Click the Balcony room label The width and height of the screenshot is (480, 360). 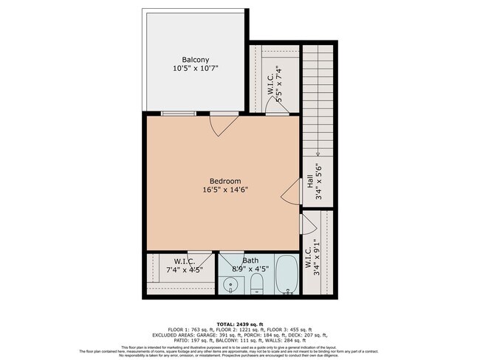click(x=196, y=59)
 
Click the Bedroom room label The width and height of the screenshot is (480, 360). click(x=225, y=181)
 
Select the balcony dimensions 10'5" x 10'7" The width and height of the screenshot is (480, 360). click(x=196, y=69)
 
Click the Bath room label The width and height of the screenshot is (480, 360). click(x=250, y=260)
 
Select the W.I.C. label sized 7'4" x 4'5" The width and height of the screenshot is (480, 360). click(x=184, y=261)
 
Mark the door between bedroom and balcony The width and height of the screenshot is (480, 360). click(x=222, y=122)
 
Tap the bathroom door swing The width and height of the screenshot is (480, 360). click(x=229, y=260)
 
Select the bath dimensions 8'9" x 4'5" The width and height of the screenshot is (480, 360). click(x=250, y=269)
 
